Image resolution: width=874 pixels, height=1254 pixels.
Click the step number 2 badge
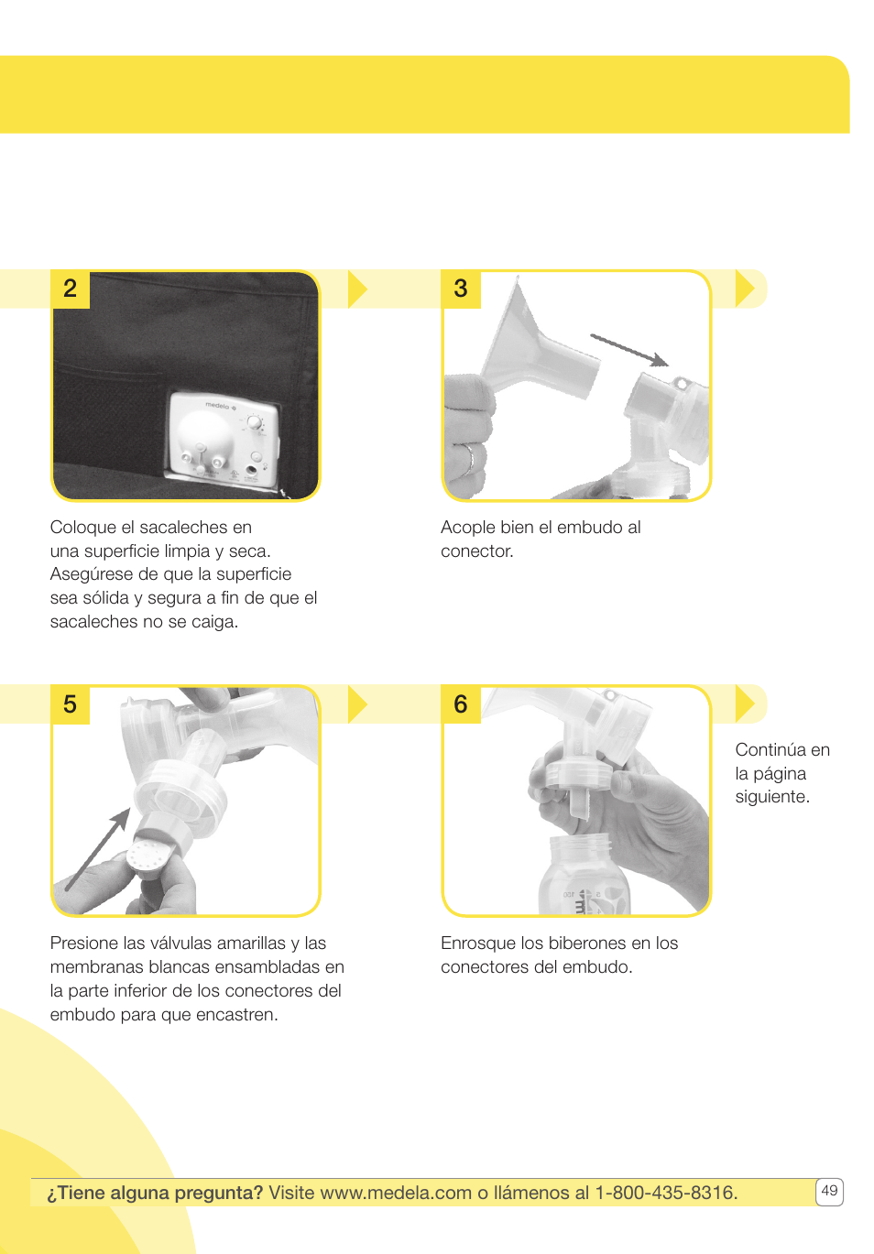click(x=70, y=289)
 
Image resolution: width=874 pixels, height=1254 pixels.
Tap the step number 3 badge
click(x=461, y=289)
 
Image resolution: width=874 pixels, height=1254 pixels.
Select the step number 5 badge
click(x=70, y=704)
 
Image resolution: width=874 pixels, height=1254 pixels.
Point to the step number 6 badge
click(x=461, y=704)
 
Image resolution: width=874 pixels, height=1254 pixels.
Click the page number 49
click(x=829, y=1191)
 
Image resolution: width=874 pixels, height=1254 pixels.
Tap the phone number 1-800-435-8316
click(x=665, y=1193)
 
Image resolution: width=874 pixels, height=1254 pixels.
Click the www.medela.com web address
click(x=396, y=1193)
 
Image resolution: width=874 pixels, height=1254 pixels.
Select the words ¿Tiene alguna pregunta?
click(x=155, y=1193)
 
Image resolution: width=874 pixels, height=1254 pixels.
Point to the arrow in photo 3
click(x=629, y=350)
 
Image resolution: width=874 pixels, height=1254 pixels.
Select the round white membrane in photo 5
click(x=146, y=859)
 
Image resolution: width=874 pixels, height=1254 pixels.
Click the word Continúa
click(x=770, y=750)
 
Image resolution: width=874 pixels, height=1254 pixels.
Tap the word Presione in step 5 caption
click(x=84, y=943)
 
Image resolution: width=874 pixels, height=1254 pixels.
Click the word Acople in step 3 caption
click(x=467, y=528)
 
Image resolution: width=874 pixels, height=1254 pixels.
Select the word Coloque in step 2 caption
click(x=82, y=528)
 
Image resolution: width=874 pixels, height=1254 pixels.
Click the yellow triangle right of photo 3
click(x=745, y=289)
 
